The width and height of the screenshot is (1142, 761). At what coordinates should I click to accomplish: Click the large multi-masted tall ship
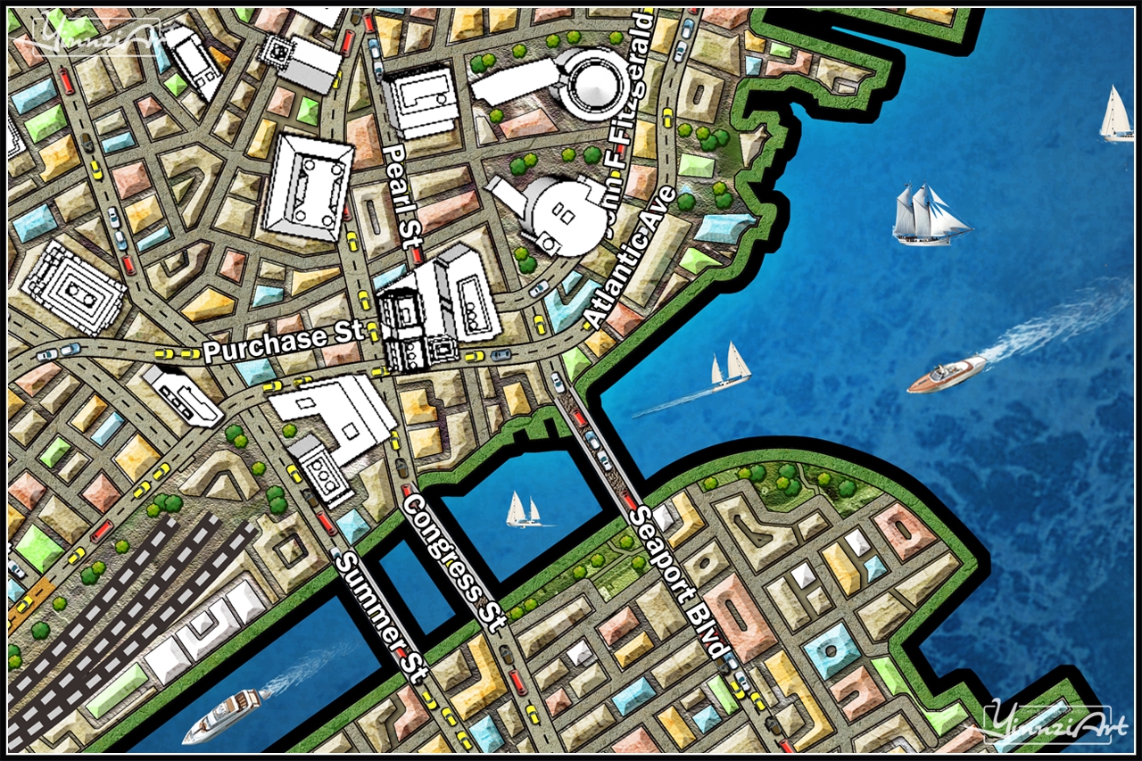tap(929, 215)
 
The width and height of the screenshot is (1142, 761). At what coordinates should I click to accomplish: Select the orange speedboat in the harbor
tap(946, 375)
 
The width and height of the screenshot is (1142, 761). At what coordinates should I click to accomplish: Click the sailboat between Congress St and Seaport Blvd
tap(523, 510)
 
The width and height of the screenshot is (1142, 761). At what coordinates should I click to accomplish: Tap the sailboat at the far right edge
tap(1116, 114)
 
